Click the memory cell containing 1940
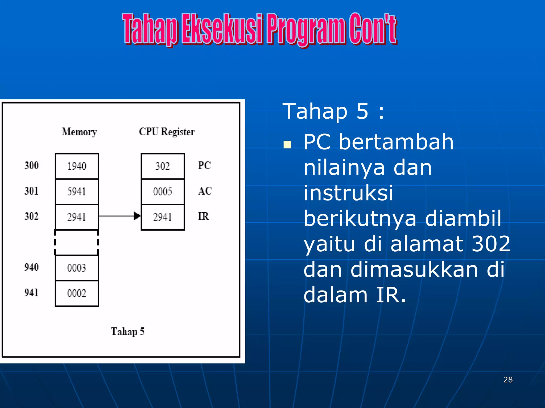coord(77,166)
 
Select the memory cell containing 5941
coord(77,191)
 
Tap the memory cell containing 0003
coord(77,268)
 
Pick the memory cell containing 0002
coord(77,293)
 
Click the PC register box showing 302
coord(163,166)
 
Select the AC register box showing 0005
coord(163,191)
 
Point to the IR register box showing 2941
coord(163,217)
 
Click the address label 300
coord(31,165)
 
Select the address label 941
coord(31,293)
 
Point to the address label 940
coord(31,267)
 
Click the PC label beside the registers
coord(204,165)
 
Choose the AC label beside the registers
coord(205,191)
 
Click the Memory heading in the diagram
coord(79,132)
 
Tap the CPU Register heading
coord(167,132)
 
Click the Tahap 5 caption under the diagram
coord(127,332)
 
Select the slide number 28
coord(508,380)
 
